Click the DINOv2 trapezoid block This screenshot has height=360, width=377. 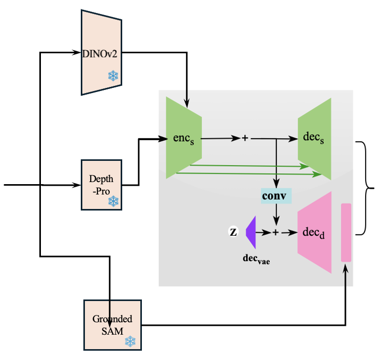102,52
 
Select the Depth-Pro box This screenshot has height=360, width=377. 102,185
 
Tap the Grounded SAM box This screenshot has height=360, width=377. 112,324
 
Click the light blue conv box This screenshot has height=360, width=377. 277,196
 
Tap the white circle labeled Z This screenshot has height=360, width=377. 233,232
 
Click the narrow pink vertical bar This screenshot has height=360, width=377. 346,232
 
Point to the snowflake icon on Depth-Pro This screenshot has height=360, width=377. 113,200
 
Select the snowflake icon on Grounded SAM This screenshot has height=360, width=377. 130,341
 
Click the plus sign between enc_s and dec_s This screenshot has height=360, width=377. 245,139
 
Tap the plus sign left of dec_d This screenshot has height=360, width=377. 275,233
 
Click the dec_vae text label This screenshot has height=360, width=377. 257,258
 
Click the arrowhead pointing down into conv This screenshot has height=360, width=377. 277,185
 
